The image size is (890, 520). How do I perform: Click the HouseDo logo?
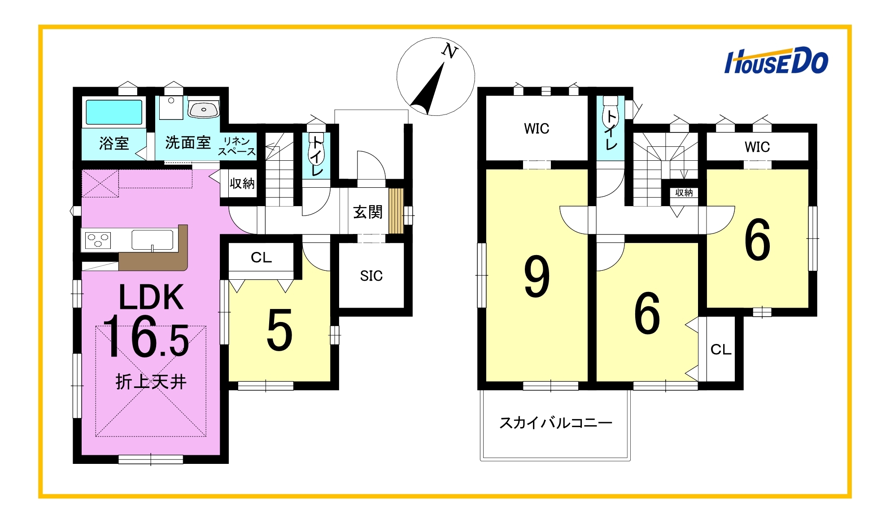pyautogui.click(x=776, y=61)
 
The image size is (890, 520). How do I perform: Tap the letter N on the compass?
pyautogui.click(x=449, y=51)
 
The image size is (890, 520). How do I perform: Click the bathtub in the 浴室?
pyautogui.click(x=114, y=112)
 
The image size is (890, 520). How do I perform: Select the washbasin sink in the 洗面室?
pyautogui.click(x=204, y=109)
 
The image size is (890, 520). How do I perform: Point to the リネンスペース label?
pyautogui.click(x=237, y=146)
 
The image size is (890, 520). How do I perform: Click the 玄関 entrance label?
pyautogui.click(x=368, y=212)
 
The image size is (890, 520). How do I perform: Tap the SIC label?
pyautogui.click(x=371, y=276)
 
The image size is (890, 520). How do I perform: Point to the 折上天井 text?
pyautogui.click(x=151, y=382)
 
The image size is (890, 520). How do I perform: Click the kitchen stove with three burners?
pyautogui.click(x=98, y=240)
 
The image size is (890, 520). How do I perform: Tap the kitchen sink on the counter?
pyautogui.click(x=153, y=240)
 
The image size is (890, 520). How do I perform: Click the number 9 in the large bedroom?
pyautogui.click(x=537, y=276)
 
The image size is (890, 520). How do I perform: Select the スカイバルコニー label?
pyautogui.click(x=555, y=423)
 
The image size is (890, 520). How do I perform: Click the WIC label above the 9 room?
pyautogui.click(x=537, y=129)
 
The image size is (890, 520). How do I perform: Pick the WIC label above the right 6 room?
pyautogui.click(x=757, y=147)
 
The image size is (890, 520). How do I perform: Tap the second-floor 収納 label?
pyautogui.click(x=684, y=193)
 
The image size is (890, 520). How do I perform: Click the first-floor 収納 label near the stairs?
pyautogui.click(x=242, y=183)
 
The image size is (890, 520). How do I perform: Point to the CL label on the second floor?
pyautogui.click(x=721, y=349)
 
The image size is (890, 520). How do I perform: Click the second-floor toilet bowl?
pyautogui.click(x=610, y=115)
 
